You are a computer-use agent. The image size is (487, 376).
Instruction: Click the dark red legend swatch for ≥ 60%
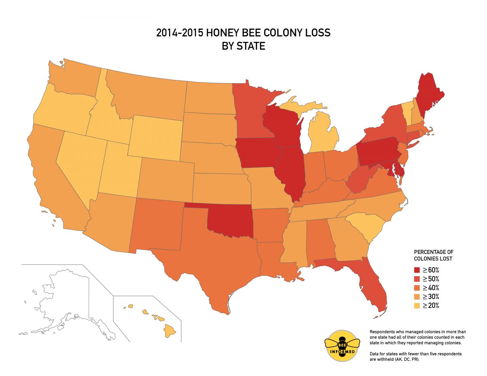coord(417,270)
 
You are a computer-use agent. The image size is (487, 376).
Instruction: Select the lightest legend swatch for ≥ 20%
coord(417,306)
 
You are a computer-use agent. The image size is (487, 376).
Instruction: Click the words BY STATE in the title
coord(243,46)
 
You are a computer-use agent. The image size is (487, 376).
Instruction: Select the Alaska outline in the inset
coord(64,298)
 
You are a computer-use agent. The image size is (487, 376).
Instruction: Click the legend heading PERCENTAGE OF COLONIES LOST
coord(434,255)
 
